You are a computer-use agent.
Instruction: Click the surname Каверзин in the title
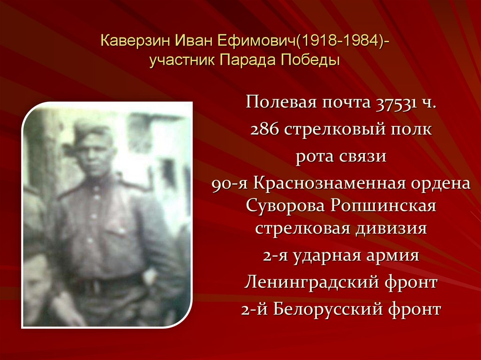pyautogui.click(x=136, y=41)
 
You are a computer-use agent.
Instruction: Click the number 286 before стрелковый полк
pyautogui.click(x=264, y=130)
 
